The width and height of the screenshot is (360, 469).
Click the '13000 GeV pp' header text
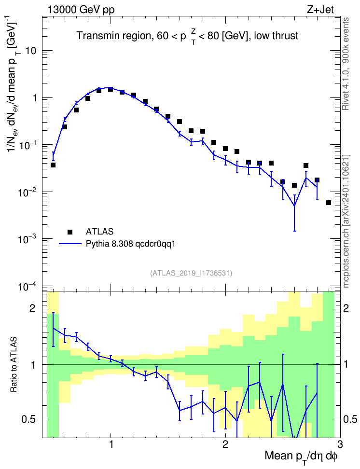click(x=81, y=10)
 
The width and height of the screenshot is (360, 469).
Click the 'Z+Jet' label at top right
click(x=320, y=10)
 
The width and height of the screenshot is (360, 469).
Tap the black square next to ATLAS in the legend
click(x=70, y=232)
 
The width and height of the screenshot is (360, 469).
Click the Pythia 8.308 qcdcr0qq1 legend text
click(x=130, y=244)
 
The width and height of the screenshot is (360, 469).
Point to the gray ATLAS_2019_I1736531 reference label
click(x=191, y=273)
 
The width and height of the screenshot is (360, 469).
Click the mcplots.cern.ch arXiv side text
click(x=346, y=221)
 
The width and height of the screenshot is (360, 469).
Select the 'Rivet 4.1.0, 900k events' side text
click(x=346, y=64)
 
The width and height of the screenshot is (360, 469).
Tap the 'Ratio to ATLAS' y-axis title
click(x=14, y=365)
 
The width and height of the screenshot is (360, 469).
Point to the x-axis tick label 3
click(x=340, y=443)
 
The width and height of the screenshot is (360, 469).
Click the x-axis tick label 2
click(x=225, y=443)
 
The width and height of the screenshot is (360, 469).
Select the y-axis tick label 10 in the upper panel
click(x=31, y=51)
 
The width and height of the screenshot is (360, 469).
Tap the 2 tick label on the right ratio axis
click(x=346, y=308)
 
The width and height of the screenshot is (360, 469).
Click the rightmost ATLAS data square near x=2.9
click(x=329, y=203)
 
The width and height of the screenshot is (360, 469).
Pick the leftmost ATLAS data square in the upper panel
click(x=53, y=165)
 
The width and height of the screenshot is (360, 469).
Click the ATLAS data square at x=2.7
click(x=306, y=166)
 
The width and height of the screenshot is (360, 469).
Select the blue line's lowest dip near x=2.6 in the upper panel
click(x=294, y=205)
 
